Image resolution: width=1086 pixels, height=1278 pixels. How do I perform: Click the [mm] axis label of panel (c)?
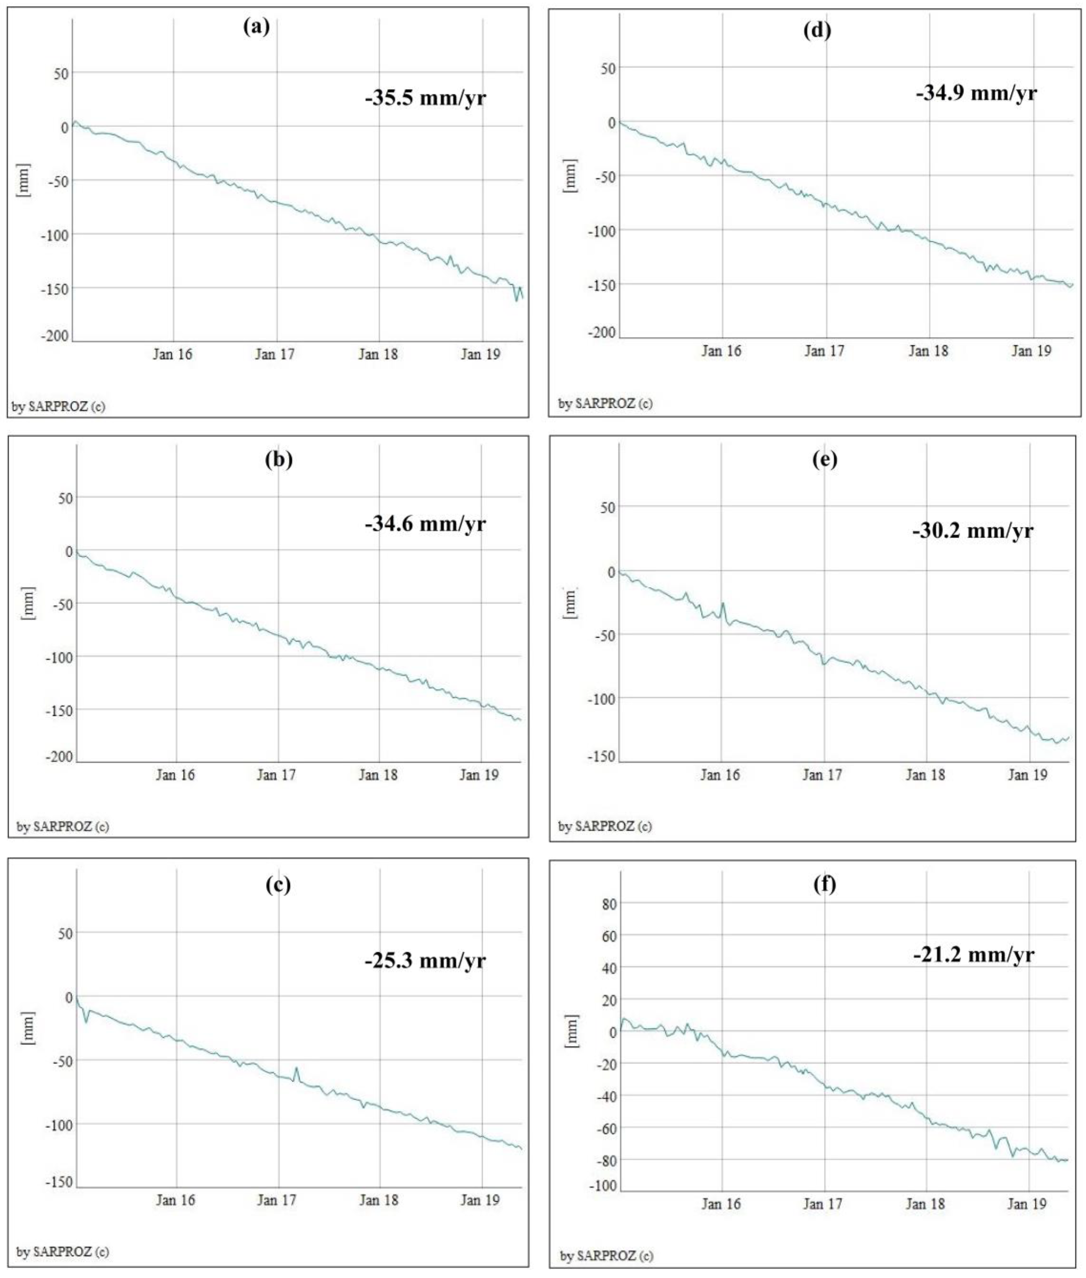coord(28,1028)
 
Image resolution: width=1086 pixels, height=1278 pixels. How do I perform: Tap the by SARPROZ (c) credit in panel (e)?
coord(604,826)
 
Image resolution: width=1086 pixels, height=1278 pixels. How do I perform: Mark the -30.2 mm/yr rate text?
coord(973,531)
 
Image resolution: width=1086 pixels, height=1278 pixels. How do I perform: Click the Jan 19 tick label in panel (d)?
coord(1031,351)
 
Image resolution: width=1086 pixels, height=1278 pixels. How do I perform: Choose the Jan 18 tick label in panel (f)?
coord(925,1204)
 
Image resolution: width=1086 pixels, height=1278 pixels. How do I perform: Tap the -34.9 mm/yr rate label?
coord(976,93)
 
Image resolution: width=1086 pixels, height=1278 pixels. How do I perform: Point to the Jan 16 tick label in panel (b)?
coord(175,775)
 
